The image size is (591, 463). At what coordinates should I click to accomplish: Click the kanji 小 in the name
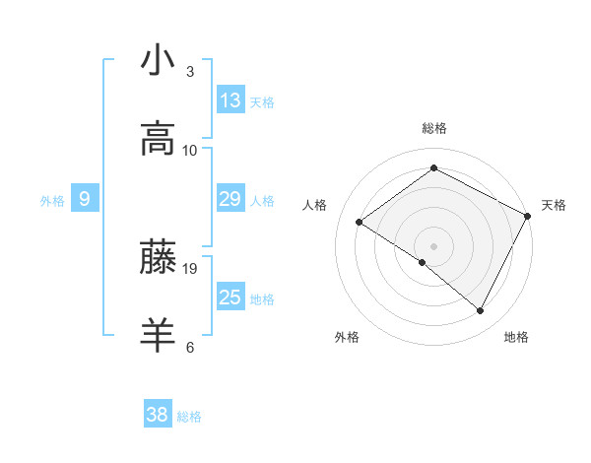click(x=158, y=61)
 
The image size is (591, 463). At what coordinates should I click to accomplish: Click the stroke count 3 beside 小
click(x=189, y=72)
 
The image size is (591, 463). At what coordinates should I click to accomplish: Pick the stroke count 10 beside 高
click(x=190, y=151)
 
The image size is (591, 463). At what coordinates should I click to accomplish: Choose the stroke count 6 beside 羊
click(x=189, y=347)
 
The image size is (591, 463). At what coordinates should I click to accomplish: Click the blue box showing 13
click(x=230, y=100)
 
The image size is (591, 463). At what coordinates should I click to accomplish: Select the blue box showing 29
click(x=230, y=199)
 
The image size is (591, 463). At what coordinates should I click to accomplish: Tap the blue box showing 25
click(x=230, y=298)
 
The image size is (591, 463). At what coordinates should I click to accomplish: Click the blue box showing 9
click(x=85, y=199)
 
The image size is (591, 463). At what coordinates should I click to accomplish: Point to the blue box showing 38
click(x=158, y=415)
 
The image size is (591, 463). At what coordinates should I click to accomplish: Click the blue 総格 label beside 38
click(x=189, y=417)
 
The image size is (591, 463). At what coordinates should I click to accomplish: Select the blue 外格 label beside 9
click(x=52, y=201)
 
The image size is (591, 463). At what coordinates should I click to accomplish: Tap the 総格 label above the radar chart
click(x=433, y=128)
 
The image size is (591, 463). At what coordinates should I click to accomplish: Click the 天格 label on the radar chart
click(x=554, y=205)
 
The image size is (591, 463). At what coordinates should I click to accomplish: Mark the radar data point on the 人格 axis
click(x=360, y=223)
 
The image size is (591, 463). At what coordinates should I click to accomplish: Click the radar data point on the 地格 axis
click(x=481, y=310)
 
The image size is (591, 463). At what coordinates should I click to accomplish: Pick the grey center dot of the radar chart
click(x=433, y=245)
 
